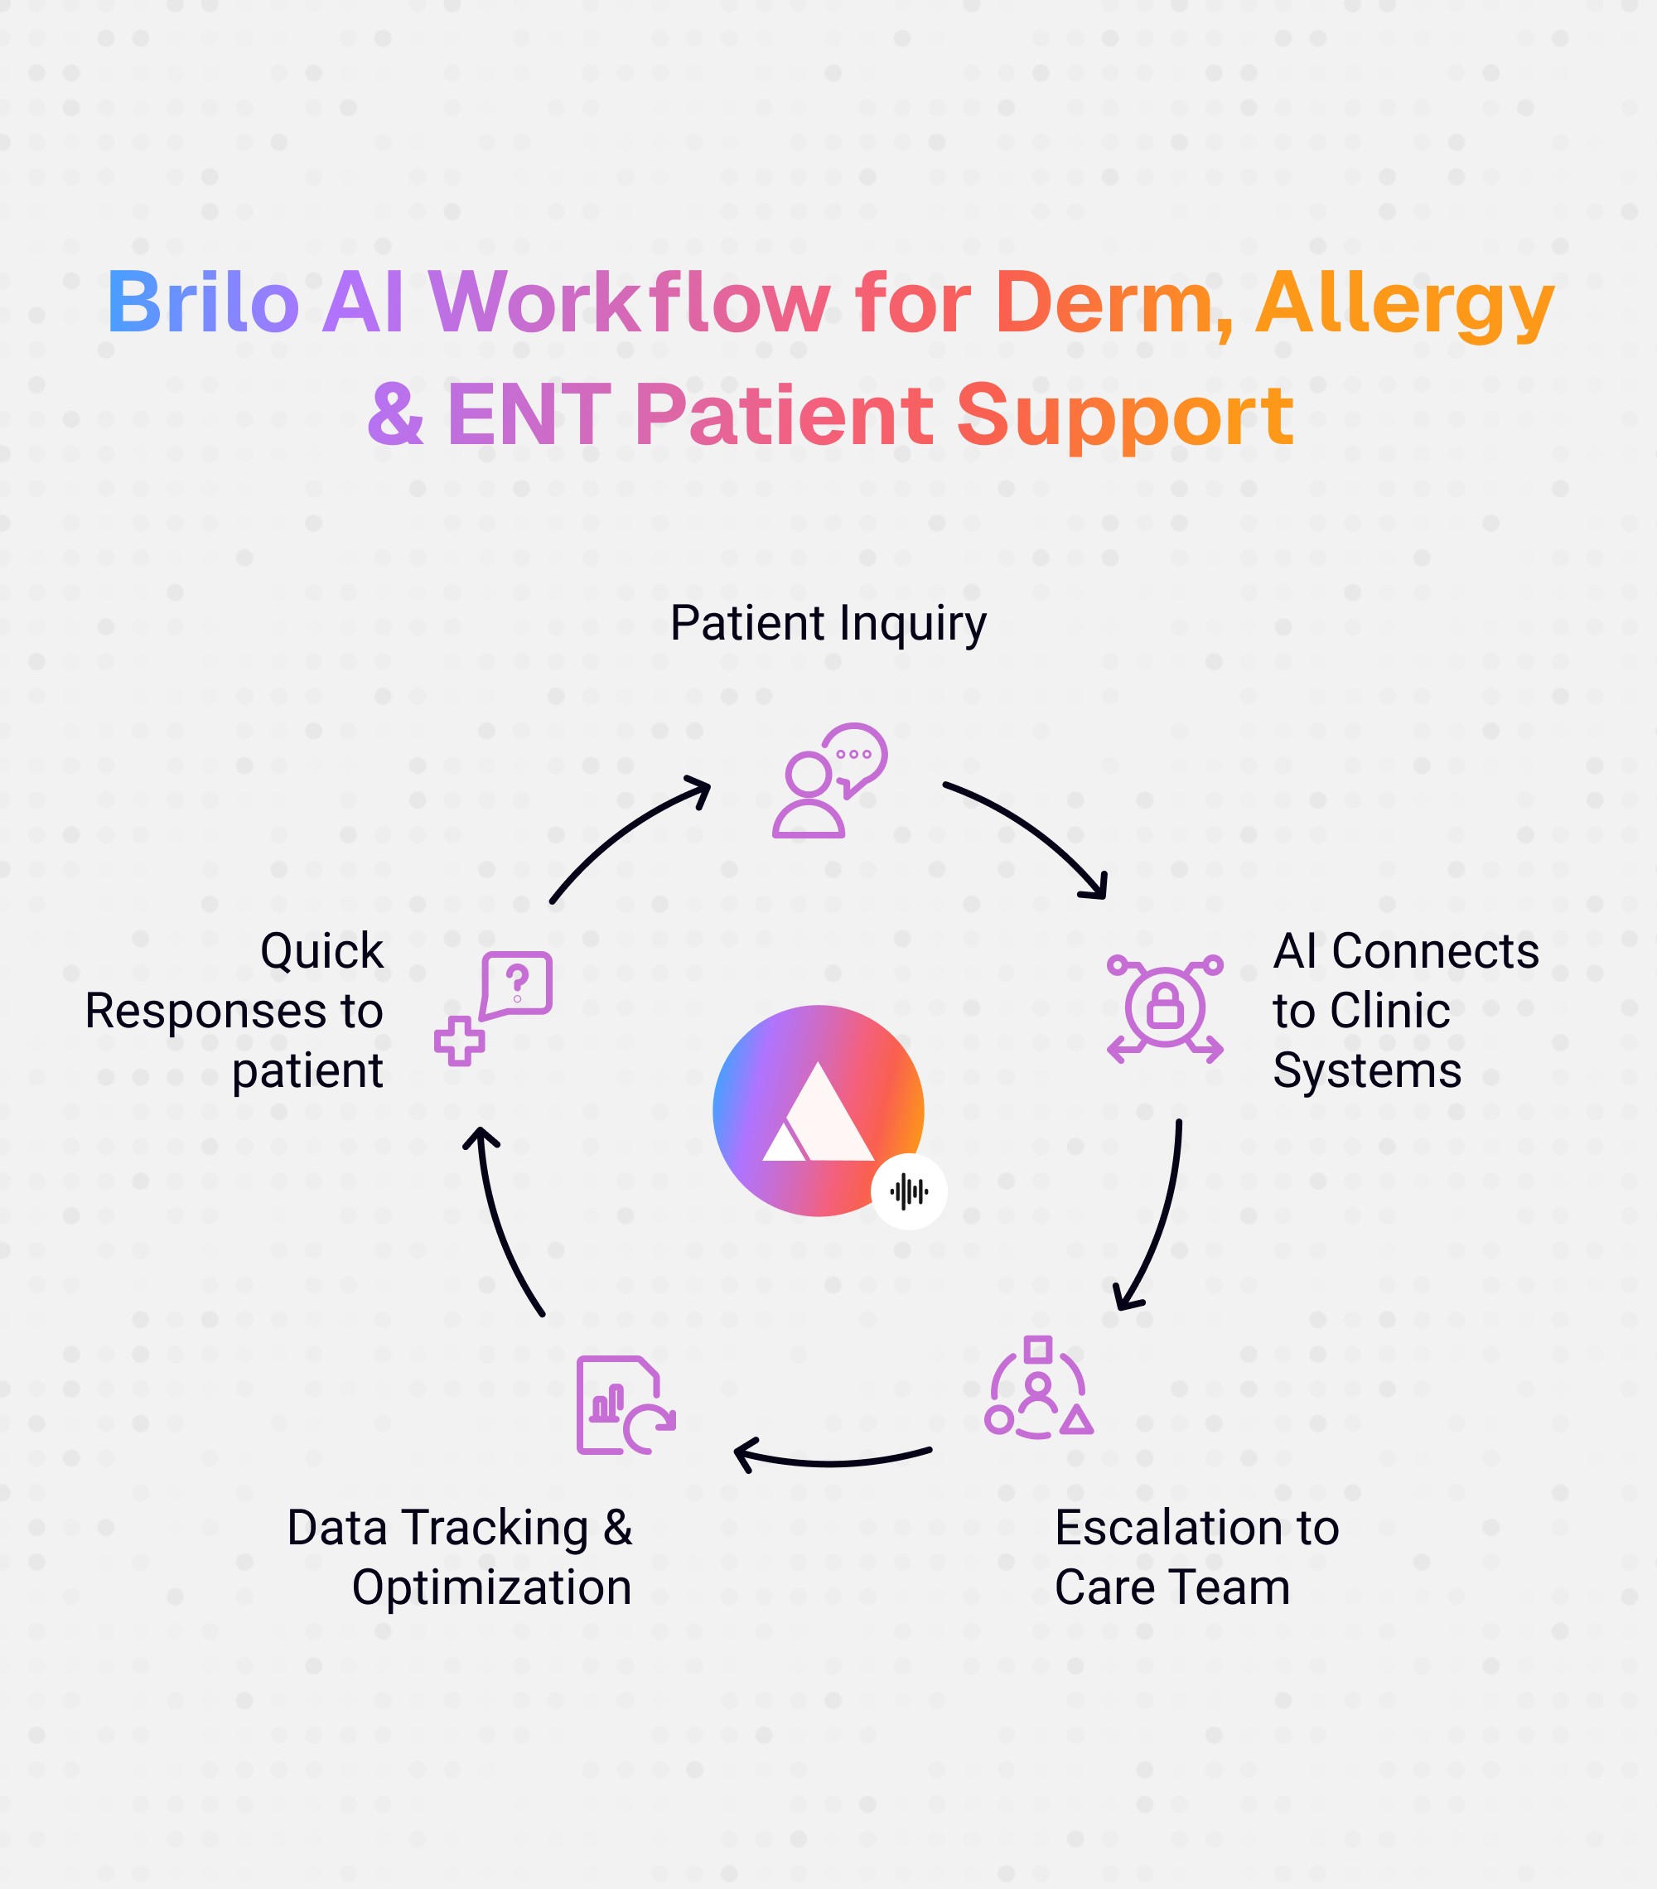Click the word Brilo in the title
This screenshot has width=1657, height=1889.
pyautogui.click(x=202, y=302)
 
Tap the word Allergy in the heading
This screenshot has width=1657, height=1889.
pyautogui.click(x=1403, y=305)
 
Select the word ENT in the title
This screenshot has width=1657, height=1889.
pyautogui.click(x=529, y=416)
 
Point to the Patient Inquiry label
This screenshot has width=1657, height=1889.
pyautogui.click(x=828, y=623)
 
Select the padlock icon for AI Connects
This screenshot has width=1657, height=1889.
pyautogui.click(x=1164, y=1008)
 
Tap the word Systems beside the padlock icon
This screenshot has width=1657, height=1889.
pyautogui.click(x=1367, y=1070)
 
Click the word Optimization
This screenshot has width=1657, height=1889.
pyautogui.click(x=491, y=1587)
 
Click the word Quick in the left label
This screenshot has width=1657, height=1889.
pyautogui.click(x=321, y=950)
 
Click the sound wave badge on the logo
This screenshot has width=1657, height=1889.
pyautogui.click(x=908, y=1191)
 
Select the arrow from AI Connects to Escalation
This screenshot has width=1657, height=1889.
pyautogui.click(x=1157, y=1220)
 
